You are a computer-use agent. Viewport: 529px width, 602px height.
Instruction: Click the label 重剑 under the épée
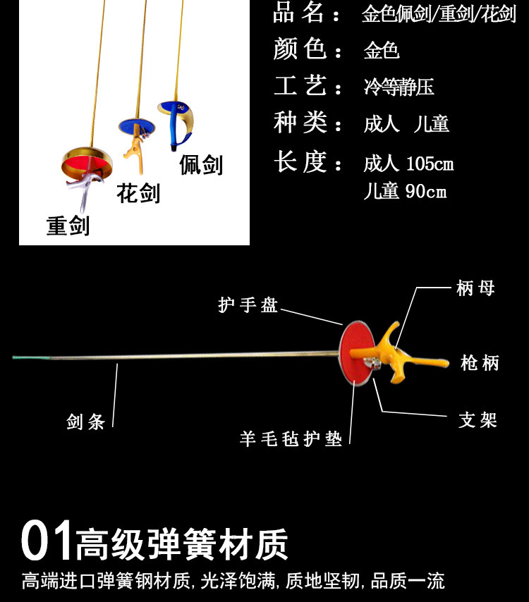coord(68,226)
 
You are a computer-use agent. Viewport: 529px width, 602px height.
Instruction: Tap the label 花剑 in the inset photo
coord(138,192)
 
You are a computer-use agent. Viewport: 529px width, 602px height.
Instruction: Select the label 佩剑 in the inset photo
coord(201,164)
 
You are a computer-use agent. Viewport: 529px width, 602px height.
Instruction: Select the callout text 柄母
coord(475,288)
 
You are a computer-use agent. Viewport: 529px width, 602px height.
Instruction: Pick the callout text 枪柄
coord(480,363)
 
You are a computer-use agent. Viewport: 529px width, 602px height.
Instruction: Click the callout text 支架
coord(478,420)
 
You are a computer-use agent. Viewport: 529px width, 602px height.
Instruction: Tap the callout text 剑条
coord(86,422)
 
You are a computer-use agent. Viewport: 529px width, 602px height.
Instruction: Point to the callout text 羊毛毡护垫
coord(291,438)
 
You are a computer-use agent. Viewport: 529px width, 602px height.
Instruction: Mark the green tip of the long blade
coord(28,357)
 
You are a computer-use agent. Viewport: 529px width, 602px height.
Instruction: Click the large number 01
coord(47,541)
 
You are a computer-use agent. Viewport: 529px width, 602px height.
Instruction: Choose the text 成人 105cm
coord(408,164)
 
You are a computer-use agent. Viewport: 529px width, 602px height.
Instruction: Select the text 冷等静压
coord(399,87)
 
